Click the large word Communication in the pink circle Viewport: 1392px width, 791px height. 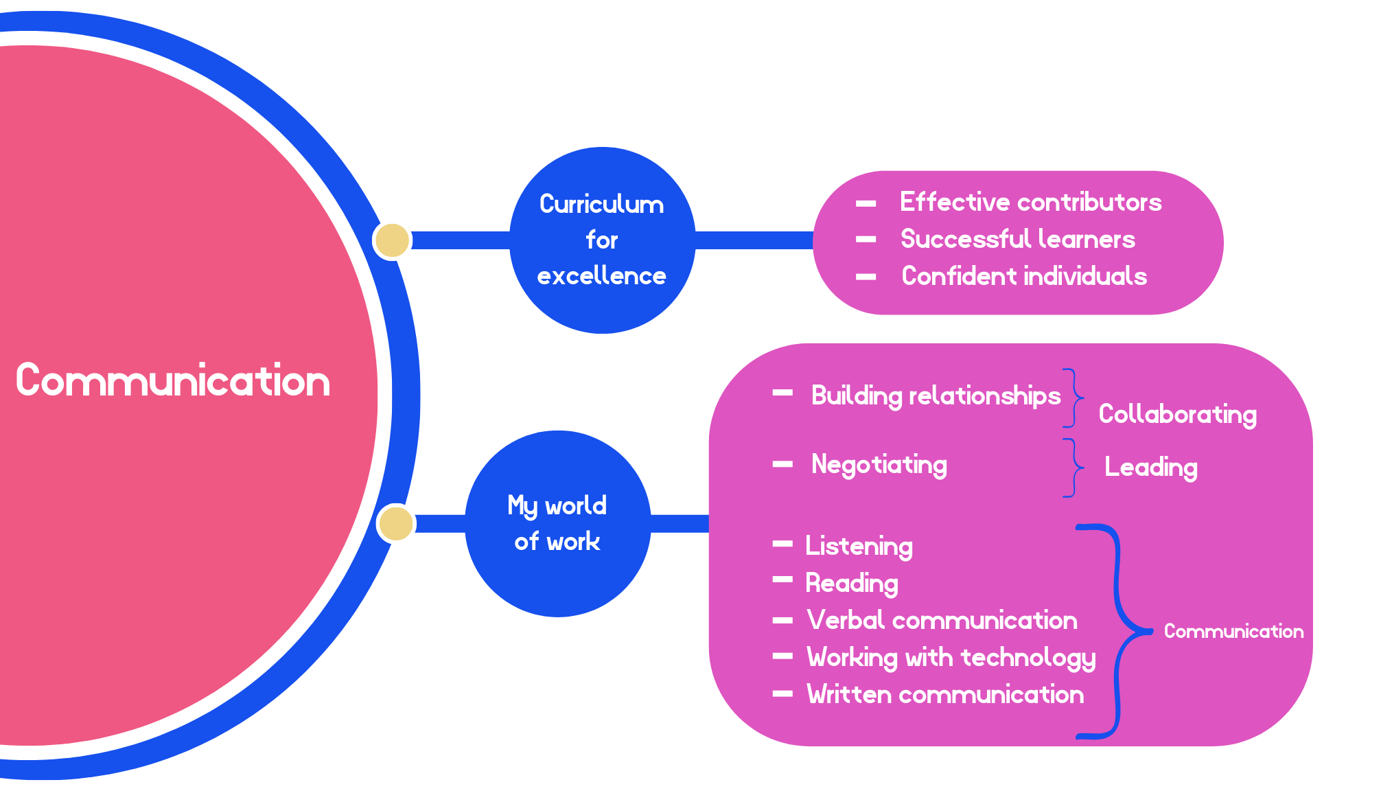(x=173, y=380)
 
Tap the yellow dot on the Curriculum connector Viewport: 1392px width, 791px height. (x=392, y=240)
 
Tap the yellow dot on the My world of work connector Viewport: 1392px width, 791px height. (x=396, y=523)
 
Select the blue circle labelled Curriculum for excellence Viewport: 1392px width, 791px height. (x=602, y=240)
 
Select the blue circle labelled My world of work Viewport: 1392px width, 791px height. (x=557, y=523)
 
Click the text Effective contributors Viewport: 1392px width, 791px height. (x=1030, y=202)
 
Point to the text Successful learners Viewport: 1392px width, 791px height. (x=1017, y=239)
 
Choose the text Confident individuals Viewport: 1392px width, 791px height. (x=1023, y=276)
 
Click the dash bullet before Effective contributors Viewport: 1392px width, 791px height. (x=866, y=203)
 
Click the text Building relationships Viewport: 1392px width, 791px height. (x=936, y=396)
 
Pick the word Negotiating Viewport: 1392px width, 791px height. (x=879, y=465)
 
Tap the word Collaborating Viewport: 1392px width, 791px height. (x=1177, y=414)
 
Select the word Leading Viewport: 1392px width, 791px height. (x=1150, y=468)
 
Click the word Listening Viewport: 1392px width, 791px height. (x=859, y=547)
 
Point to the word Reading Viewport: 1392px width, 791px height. (x=851, y=583)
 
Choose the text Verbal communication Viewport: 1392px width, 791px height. (x=942, y=620)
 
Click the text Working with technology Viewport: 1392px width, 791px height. (x=951, y=658)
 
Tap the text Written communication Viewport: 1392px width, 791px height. (x=945, y=694)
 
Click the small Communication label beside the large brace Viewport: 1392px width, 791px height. (x=1233, y=631)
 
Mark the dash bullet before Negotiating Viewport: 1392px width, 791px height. (x=782, y=464)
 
